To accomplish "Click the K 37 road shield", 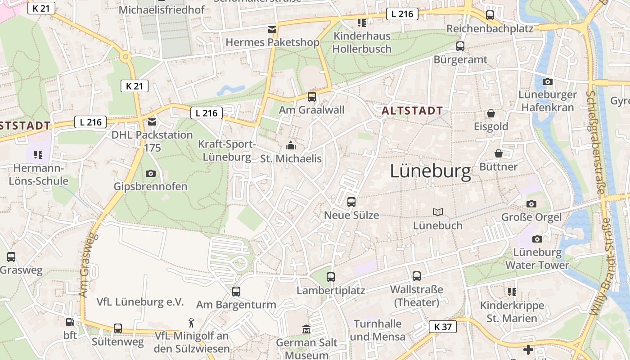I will (x=443, y=327).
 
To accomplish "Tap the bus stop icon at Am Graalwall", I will (x=311, y=96).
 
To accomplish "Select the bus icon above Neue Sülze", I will (x=351, y=202).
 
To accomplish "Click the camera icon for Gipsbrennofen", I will (x=151, y=173).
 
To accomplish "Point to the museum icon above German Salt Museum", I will (x=306, y=329).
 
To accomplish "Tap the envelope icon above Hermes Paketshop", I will (x=272, y=30).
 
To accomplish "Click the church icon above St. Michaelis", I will (x=291, y=145).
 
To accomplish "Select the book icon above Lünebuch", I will (x=437, y=212).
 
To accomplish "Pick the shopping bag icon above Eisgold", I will (x=491, y=113).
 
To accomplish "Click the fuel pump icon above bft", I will (x=70, y=322).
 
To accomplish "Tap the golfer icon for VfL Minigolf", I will (x=192, y=323).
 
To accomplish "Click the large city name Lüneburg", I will (x=430, y=171).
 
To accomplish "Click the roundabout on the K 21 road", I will (x=126, y=57).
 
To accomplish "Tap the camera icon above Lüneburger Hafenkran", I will (x=547, y=81).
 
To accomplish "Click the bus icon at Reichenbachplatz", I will (x=490, y=15).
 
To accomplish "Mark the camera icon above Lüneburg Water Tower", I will (x=537, y=239).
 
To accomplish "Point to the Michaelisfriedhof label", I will (x=162, y=9).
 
